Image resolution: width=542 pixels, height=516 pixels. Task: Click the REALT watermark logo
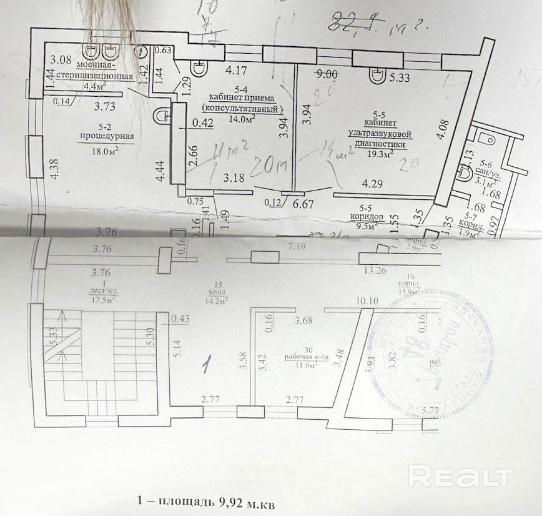pos(461,476)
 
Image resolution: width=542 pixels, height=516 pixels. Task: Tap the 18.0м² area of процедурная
pos(106,150)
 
